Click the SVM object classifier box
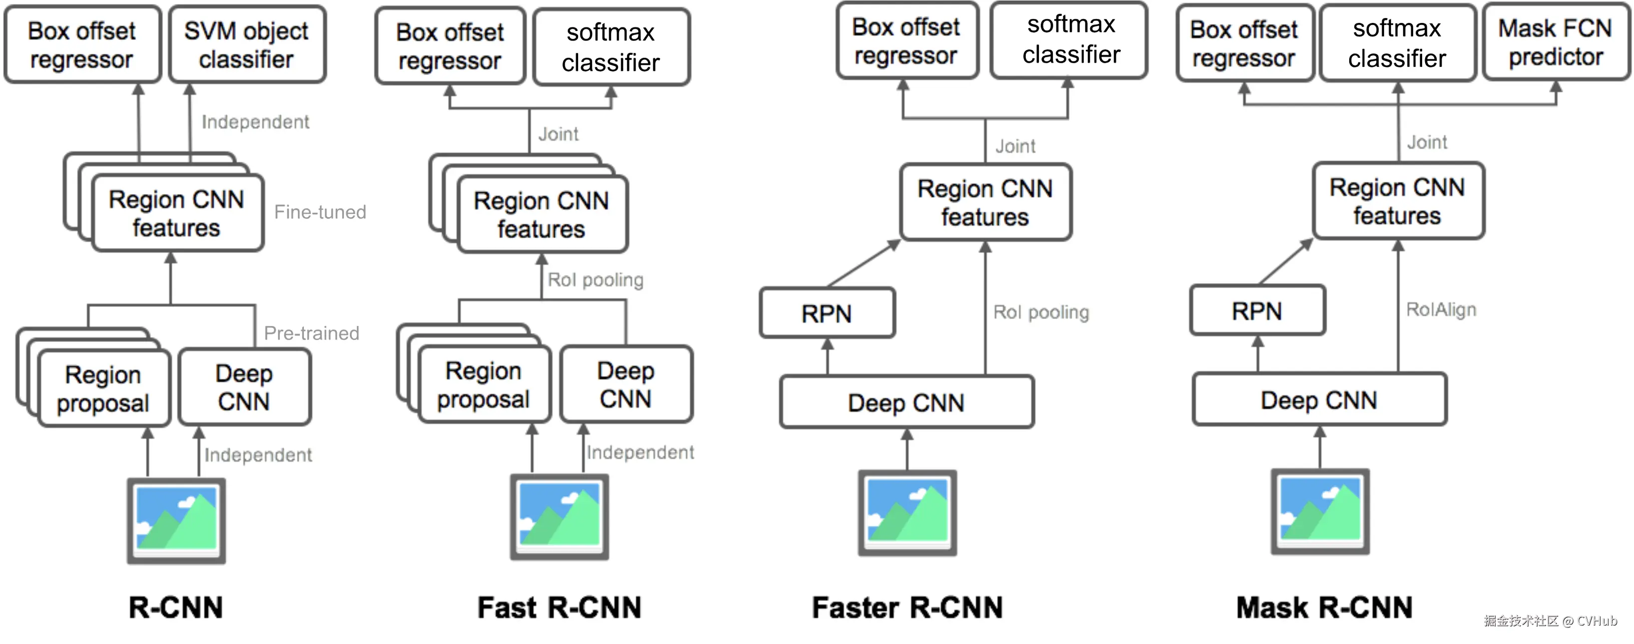pyautogui.click(x=247, y=44)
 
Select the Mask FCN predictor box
pyautogui.click(x=1556, y=42)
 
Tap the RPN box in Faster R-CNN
pyautogui.click(x=827, y=313)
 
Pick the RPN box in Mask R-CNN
pyautogui.click(x=1258, y=311)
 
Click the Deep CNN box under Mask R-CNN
pyautogui.click(x=1319, y=400)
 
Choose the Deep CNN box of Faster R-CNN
pyautogui.click(x=907, y=402)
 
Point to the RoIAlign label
pyautogui.click(x=1441, y=310)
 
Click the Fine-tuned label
pyautogui.click(x=320, y=212)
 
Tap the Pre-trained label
pyautogui.click(x=311, y=333)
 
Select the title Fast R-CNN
pyautogui.click(x=560, y=607)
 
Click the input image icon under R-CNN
pyautogui.click(x=176, y=521)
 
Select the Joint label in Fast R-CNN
pyautogui.click(x=558, y=134)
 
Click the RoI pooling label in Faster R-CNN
pyautogui.click(x=1041, y=313)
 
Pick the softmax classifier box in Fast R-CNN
pyautogui.click(x=612, y=47)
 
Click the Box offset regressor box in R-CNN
pyautogui.click(x=82, y=44)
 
